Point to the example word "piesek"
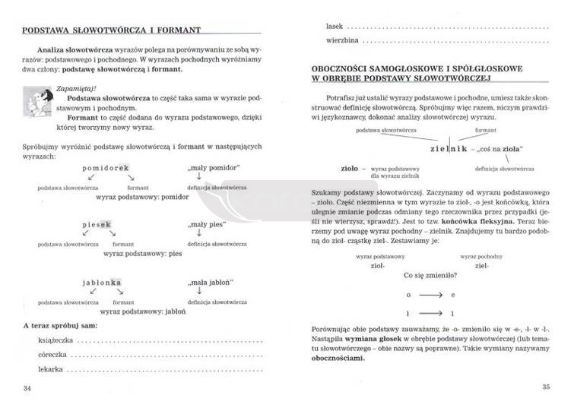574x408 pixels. point(97,225)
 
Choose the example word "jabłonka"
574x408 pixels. point(102,282)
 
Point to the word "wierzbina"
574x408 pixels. point(341,39)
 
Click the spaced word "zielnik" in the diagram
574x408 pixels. point(446,149)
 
